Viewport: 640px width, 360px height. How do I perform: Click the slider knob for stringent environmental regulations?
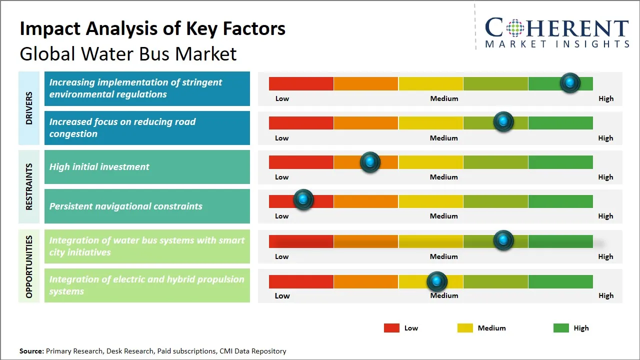tap(570, 82)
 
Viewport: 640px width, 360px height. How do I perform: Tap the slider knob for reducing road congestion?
tap(503, 121)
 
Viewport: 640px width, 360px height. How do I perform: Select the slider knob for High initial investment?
tap(370, 161)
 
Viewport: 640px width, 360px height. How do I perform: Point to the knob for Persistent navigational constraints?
tap(303, 199)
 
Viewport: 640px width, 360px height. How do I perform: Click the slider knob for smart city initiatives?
tap(503, 240)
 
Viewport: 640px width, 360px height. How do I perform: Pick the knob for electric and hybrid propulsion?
tap(437, 281)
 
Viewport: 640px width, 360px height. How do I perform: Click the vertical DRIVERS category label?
tap(29, 108)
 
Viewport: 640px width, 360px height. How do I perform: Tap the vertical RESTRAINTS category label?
tap(29, 186)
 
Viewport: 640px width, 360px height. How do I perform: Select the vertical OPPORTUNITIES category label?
tap(29, 266)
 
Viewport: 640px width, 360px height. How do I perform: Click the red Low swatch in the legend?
tap(391, 328)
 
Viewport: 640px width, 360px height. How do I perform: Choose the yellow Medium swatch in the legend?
tap(465, 328)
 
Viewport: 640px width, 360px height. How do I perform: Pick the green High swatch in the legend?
tap(561, 328)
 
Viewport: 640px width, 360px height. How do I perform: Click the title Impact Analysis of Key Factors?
tap(152, 29)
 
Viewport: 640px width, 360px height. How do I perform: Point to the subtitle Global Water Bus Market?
tap(128, 54)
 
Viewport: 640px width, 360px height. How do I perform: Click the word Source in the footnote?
tap(31, 351)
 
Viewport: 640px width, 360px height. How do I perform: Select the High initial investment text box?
tap(147, 167)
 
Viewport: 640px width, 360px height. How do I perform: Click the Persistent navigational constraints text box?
tap(147, 206)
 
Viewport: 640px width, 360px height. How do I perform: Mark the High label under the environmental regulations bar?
tap(605, 98)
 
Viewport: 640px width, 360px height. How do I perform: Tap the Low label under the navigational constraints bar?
tap(281, 216)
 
